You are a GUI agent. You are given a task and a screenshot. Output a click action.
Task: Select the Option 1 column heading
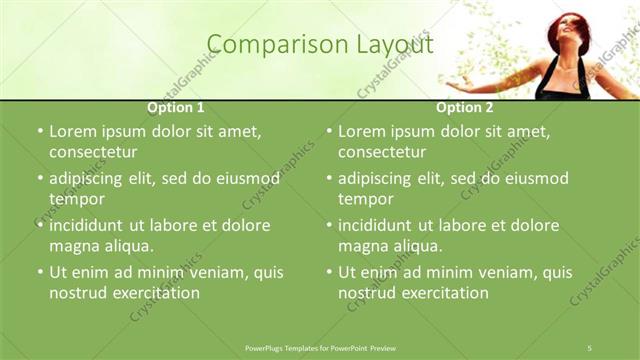(176, 107)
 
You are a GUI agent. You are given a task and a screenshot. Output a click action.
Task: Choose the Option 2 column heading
(465, 107)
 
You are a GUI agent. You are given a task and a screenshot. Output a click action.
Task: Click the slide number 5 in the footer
(590, 347)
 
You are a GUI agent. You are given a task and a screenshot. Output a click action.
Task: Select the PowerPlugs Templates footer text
(319, 347)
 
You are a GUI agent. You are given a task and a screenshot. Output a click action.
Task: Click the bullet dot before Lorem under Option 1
(40, 132)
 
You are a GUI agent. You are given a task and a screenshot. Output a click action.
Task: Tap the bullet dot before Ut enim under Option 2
(329, 272)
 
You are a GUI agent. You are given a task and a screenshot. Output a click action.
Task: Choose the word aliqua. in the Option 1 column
(125, 246)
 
